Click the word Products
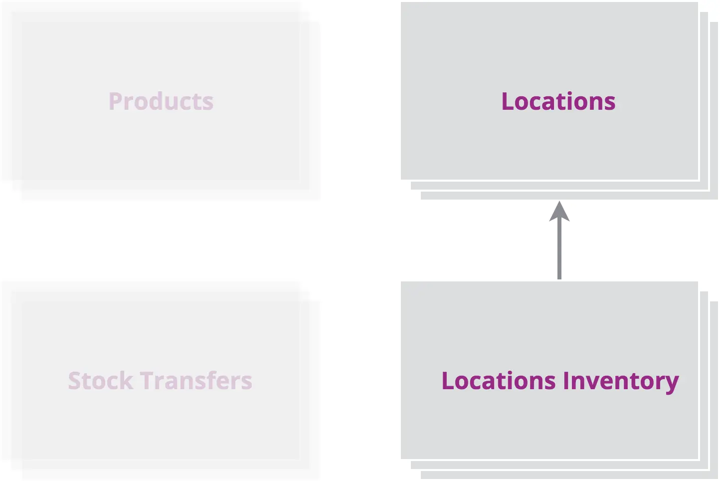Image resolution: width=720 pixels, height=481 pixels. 161,101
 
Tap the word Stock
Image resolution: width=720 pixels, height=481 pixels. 101,380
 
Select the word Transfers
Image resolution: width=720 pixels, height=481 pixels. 196,380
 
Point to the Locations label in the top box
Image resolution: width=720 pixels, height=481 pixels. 558,101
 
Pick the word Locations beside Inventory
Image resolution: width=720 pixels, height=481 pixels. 499,380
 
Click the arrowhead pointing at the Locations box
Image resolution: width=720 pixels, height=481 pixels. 559,212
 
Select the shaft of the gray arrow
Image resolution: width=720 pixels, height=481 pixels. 559,249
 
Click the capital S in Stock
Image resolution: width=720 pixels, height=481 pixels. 74,380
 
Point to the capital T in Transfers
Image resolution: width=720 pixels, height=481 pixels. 148,380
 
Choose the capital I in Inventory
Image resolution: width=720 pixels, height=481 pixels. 566,380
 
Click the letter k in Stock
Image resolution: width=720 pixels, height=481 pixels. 127,380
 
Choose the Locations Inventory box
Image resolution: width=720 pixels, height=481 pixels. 559,380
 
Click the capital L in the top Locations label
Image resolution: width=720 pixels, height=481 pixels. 508,101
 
